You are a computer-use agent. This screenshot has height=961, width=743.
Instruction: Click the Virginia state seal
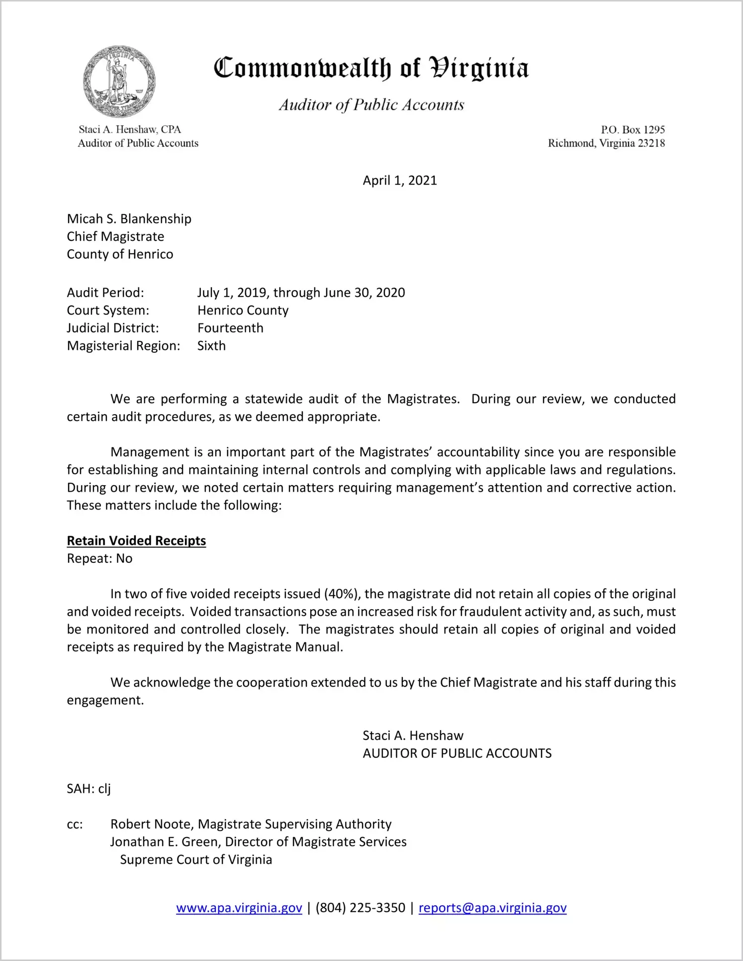click(x=119, y=82)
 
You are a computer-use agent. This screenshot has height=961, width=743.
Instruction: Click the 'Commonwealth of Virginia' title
click(x=371, y=68)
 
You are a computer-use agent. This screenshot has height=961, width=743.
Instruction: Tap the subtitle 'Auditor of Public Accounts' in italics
click(x=371, y=105)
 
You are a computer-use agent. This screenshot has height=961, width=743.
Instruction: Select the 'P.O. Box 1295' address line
click(x=633, y=130)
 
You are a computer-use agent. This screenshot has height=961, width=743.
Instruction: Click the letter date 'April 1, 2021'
click(x=399, y=180)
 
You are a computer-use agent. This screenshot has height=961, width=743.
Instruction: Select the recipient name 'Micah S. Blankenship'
click(x=129, y=219)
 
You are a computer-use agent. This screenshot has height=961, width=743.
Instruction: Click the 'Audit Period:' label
click(x=105, y=293)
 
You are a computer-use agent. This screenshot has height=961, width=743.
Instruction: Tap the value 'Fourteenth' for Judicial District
click(x=230, y=328)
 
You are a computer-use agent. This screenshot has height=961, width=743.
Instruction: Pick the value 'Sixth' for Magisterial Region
click(x=211, y=346)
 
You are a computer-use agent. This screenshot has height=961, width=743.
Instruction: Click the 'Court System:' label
click(x=108, y=311)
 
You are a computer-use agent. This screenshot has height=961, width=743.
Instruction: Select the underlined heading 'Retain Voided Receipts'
click(x=136, y=541)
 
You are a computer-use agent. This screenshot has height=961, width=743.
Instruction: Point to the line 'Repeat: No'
click(x=99, y=558)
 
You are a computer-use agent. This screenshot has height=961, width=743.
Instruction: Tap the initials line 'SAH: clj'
click(x=89, y=789)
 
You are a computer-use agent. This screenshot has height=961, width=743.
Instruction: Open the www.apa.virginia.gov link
click(x=239, y=908)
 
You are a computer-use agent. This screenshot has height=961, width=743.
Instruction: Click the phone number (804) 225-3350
click(x=360, y=908)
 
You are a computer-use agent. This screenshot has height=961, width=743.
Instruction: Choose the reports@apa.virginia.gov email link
click(x=492, y=908)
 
